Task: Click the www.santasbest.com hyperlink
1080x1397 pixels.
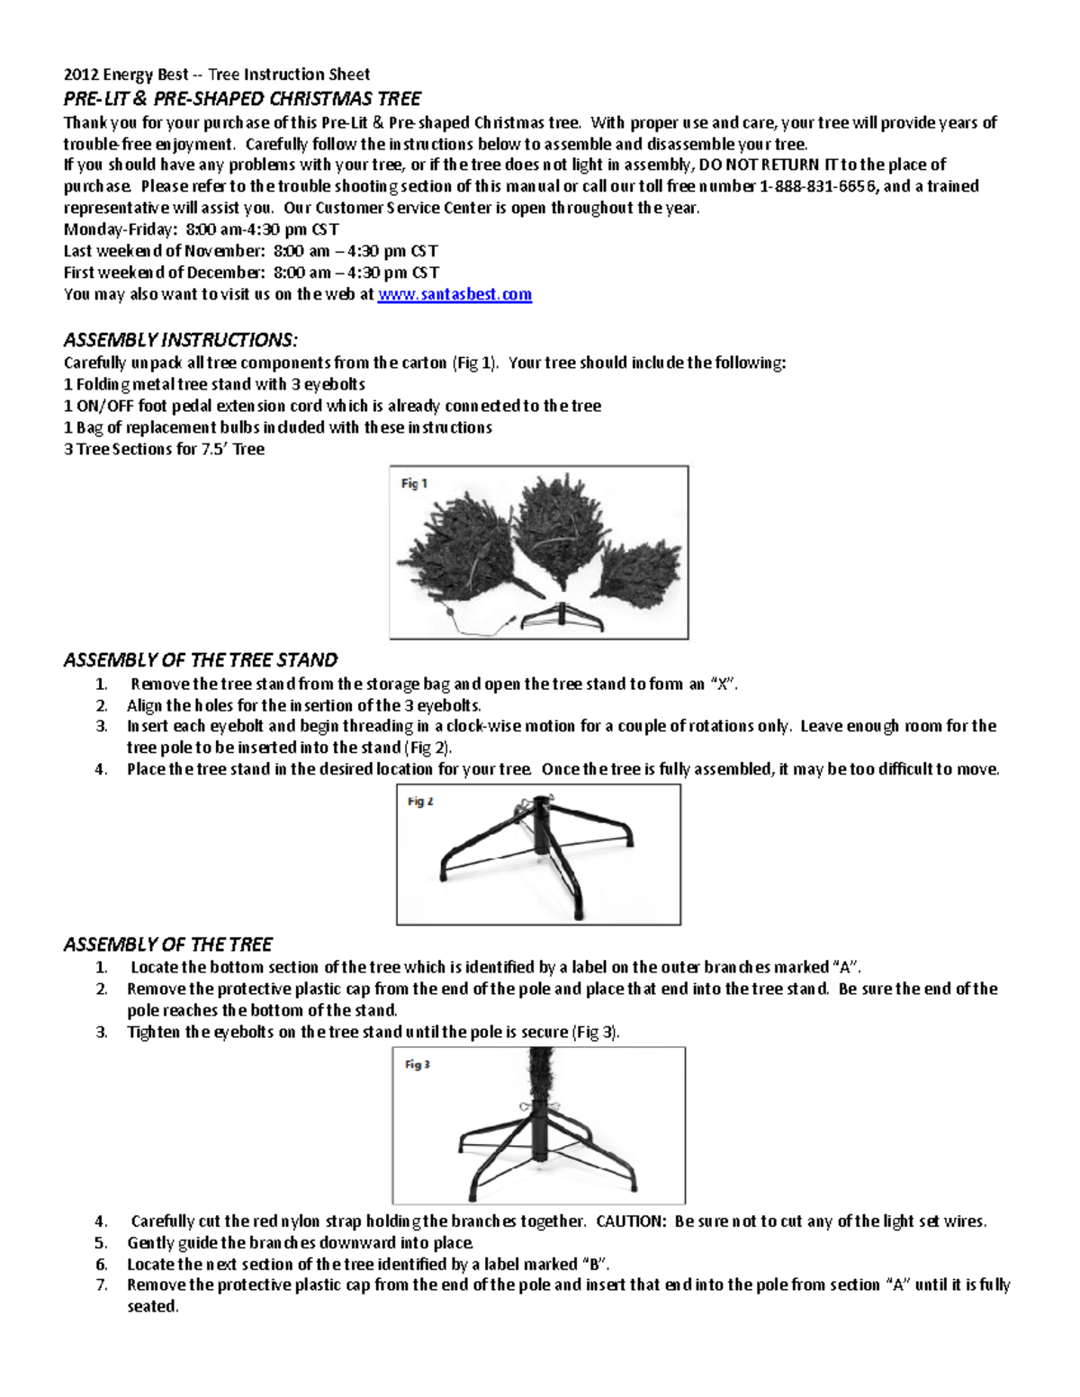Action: [x=454, y=294]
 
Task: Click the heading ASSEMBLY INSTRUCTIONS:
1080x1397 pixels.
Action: [x=180, y=339]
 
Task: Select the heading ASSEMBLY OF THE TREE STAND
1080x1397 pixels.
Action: [x=200, y=659]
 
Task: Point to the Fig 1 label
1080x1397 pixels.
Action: [x=414, y=483]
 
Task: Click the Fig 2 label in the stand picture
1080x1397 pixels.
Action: [x=420, y=801]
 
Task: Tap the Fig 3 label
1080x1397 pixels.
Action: [x=417, y=1064]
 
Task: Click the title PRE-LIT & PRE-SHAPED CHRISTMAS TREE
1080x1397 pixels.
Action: [x=242, y=98]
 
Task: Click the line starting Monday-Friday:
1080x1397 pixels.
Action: [x=201, y=229]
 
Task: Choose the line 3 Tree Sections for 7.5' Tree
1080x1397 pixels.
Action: [x=164, y=449]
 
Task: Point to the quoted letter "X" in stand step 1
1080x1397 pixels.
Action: [x=720, y=684]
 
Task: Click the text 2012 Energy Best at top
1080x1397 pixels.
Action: [x=126, y=75]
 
